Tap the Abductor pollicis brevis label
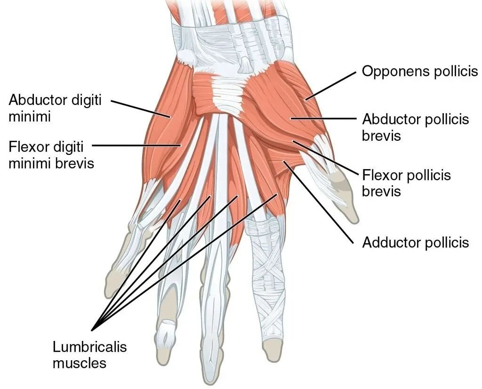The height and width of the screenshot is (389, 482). tap(416, 127)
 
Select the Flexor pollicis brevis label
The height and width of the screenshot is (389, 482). tap(406, 183)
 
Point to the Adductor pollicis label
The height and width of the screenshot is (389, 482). tap(416, 243)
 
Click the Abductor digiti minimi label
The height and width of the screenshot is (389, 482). tap(55, 108)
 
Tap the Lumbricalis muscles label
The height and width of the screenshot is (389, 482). tap(89, 355)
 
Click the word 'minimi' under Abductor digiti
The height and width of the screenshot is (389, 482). tap(29, 116)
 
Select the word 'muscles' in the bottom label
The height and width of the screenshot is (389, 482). tap(80, 363)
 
